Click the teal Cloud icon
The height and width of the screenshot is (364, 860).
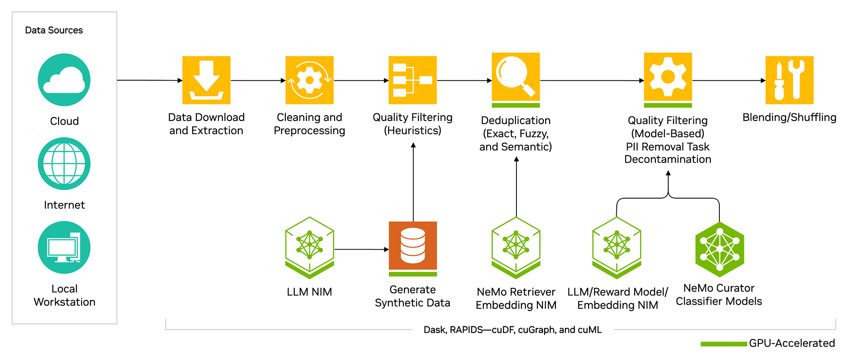(x=64, y=80)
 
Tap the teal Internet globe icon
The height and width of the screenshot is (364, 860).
(x=64, y=164)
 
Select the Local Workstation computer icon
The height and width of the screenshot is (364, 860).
(x=64, y=247)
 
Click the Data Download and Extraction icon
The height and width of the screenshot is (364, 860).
(x=206, y=80)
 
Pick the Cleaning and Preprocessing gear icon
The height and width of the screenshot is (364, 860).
(x=310, y=80)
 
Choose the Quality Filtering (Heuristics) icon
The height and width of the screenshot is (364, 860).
(x=413, y=80)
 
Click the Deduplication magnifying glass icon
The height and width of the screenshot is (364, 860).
(x=516, y=78)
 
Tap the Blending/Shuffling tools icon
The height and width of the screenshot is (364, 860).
(x=789, y=80)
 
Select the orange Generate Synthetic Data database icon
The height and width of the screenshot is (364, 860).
(x=413, y=246)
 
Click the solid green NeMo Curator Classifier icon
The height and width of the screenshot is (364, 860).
(x=719, y=249)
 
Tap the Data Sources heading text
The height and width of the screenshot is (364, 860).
(x=54, y=30)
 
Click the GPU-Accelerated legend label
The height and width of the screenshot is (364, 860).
(x=791, y=343)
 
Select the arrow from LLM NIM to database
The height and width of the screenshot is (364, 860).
(x=361, y=249)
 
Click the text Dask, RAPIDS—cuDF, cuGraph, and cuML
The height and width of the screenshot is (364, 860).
(x=512, y=330)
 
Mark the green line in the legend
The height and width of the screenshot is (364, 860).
(x=723, y=344)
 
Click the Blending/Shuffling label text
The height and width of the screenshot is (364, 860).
(x=789, y=117)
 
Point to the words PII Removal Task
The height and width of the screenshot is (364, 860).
(x=667, y=147)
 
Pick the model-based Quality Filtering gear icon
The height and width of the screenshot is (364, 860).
(x=668, y=78)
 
